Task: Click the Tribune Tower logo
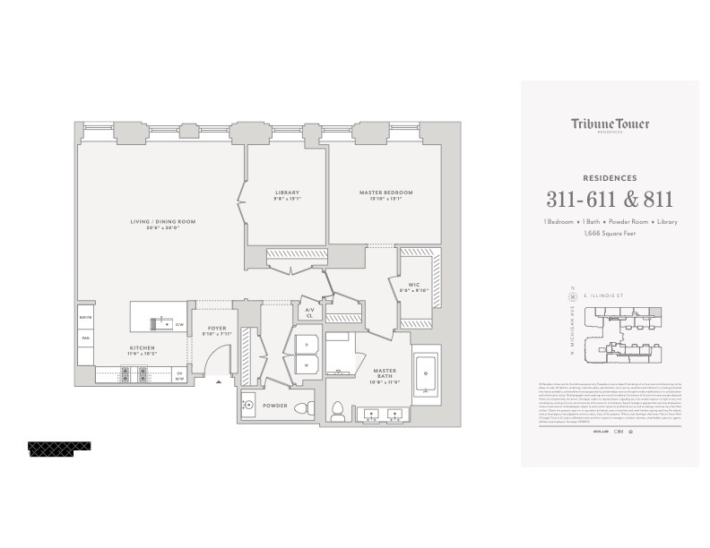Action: click(610, 125)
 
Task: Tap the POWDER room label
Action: click(274, 406)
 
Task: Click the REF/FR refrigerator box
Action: click(86, 318)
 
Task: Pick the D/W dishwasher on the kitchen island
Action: click(178, 323)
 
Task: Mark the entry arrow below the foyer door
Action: click(218, 382)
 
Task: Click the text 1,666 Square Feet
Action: click(610, 232)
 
